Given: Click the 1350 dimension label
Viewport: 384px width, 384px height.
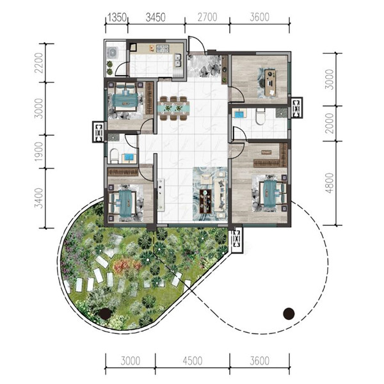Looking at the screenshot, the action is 117,17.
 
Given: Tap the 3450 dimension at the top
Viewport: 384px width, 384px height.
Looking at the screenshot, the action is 156,17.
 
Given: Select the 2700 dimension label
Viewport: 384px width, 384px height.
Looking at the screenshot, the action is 207,17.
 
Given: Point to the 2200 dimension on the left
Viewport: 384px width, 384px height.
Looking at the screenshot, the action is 38,63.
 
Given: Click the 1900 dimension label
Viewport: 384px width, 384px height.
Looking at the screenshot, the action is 38,152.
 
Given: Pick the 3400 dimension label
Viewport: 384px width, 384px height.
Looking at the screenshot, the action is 38,198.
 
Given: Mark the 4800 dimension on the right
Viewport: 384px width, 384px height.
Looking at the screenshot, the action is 330,183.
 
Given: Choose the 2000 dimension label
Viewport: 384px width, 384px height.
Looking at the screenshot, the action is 330,123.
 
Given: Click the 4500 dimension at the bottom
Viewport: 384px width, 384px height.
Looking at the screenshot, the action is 193,361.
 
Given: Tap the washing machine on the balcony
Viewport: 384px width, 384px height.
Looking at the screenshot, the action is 113,52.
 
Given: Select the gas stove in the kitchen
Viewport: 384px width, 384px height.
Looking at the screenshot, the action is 163,48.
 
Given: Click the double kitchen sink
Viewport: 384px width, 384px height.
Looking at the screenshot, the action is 177,61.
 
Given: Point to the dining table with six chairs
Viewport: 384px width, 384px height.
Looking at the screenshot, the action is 173,108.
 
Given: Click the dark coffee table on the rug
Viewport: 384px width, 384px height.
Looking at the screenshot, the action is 205,202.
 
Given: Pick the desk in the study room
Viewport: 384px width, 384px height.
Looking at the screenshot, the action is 270,83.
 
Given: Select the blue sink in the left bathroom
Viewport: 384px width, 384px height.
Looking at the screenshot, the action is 129,157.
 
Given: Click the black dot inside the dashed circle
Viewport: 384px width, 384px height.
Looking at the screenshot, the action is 289,314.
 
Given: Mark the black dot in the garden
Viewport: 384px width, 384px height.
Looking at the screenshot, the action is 106,314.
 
